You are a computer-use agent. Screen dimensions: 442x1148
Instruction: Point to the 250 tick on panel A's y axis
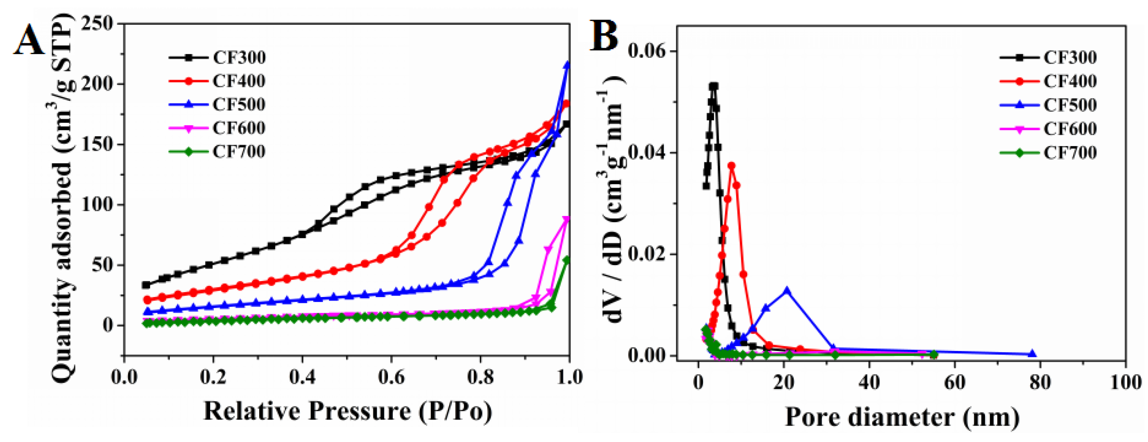click(97, 23)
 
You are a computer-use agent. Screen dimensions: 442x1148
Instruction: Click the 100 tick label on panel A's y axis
click(97, 205)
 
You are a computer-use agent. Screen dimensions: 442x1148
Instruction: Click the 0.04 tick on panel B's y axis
click(649, 152)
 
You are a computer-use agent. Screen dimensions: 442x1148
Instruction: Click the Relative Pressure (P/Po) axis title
click(347, 411)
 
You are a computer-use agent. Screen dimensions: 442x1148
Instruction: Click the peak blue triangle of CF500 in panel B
click(787, 290)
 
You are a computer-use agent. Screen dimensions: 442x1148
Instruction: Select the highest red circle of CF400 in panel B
click(731, 166)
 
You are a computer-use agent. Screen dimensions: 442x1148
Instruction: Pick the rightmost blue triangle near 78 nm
click(1032, 354)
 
